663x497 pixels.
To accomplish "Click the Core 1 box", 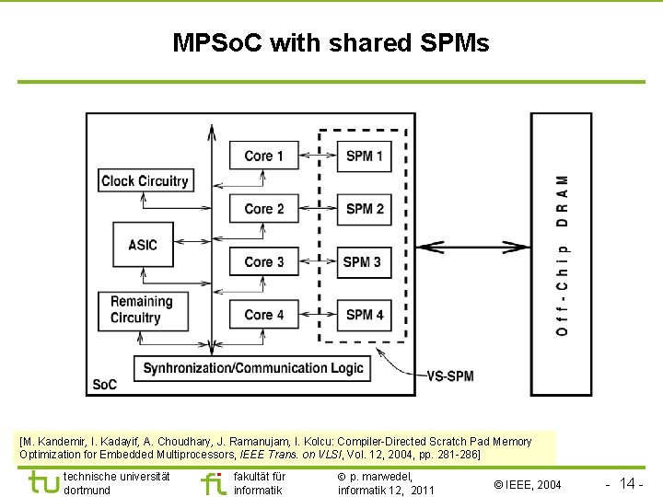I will (264, 156).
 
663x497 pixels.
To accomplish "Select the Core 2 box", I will (264, 209).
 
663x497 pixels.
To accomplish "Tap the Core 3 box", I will (264, 262).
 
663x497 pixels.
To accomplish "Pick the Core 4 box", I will (264, 315).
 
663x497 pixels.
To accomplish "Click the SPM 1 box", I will (365, 156).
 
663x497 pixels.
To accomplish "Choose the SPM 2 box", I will (365, 209).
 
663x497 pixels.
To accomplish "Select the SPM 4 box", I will (365, 315).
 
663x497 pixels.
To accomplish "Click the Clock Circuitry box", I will (145, 181).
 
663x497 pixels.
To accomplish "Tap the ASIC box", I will (143, 245).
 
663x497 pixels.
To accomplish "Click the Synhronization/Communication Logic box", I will (253, 368).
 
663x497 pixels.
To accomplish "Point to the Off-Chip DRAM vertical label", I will (562, 254).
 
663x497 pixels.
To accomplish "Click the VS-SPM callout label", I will (450, 376).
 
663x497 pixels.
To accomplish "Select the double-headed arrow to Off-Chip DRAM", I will (472, 247).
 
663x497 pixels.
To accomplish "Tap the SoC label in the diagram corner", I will (104, 384).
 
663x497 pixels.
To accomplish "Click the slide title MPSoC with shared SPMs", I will (331, 42).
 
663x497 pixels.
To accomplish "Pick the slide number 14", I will (628, 483).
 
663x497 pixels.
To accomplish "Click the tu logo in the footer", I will (43, 482).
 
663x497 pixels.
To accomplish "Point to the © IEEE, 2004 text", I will (527, 484).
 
